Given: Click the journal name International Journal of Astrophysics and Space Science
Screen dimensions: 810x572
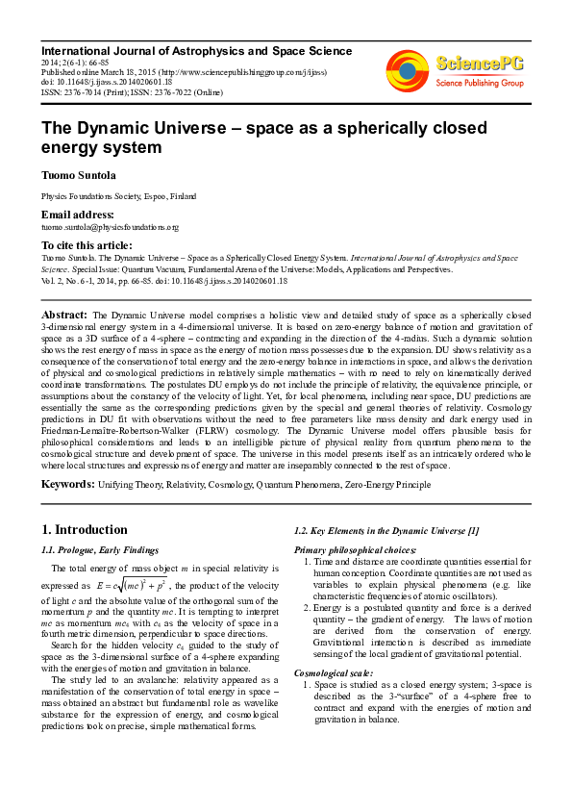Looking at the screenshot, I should (x=196, y=51).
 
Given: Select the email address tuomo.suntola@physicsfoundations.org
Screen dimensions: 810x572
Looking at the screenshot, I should (x=110, y=227).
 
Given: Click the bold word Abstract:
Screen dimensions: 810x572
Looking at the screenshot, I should (x=64, y=315).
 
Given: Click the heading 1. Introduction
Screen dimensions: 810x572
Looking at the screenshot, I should (x=86, y=530).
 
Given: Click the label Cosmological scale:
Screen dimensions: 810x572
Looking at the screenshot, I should (x=332, y=672).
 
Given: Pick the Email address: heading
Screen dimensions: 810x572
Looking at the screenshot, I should (x=77, y=215).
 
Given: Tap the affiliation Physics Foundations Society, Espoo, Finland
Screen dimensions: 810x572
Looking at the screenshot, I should (x=119, y=195).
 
